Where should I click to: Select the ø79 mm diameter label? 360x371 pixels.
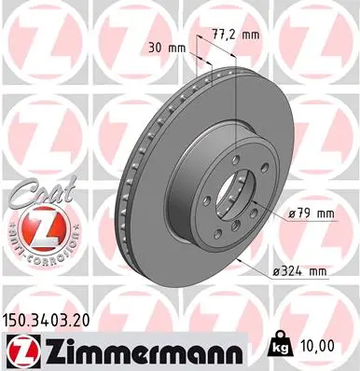pyautogui.click(x=311, y=214)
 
